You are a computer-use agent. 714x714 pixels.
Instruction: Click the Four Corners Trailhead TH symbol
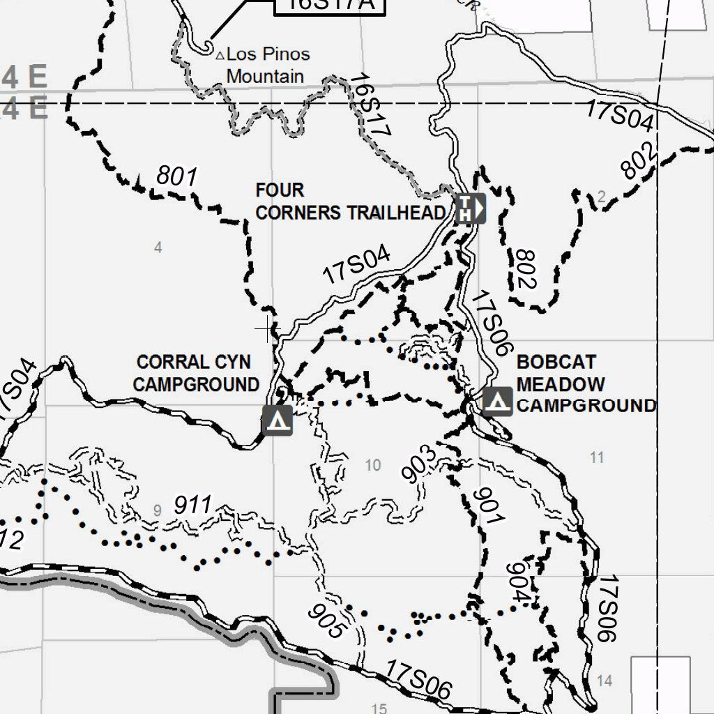(469, 208)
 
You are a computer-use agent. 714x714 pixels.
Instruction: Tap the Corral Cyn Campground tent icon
(278, 420)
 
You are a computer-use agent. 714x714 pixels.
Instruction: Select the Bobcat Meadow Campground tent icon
(497, 402)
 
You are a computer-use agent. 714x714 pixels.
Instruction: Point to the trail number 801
(177, 176)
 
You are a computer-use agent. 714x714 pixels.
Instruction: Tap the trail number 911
(192, 505)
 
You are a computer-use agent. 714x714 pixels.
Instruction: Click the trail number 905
(327, 620)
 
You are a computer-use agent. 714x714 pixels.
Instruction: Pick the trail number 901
(489, 507)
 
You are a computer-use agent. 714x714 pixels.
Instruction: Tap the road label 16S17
(370, 105)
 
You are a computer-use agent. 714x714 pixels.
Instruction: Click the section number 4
(158, 248)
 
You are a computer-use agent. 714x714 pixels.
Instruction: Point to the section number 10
(373, 465)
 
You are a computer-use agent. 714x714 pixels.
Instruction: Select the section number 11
(596, 457)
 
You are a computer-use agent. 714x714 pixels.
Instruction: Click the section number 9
(158, 511)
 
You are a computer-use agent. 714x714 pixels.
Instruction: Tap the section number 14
(605, 681)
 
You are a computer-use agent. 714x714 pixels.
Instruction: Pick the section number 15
(379, 708)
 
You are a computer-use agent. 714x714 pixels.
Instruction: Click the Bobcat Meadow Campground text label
(584, 384)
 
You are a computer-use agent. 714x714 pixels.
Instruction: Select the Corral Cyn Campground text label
(197, 373)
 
